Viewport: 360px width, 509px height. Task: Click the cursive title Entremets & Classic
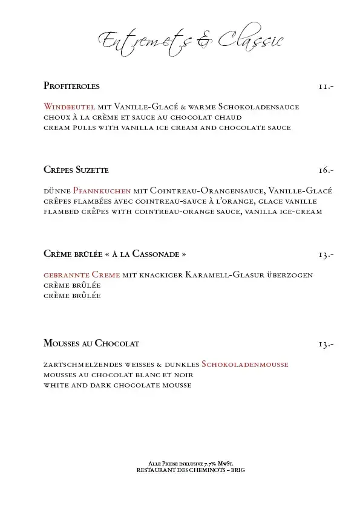tap(190, 41)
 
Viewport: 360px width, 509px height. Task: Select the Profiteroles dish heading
tap(71, 86)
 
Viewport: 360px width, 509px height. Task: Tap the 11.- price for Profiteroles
tap(326, 86)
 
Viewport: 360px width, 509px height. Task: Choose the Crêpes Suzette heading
tap(76, 169)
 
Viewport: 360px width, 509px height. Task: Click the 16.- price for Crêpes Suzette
tap(326, 170)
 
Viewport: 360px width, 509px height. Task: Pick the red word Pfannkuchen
tap(102, 190)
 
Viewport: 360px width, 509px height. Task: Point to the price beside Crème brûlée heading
tap(326, 254)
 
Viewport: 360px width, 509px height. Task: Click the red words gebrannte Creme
tap(82, 274)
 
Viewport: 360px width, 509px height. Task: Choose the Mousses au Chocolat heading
tap(91, 343)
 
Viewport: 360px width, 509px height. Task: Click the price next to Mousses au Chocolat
tap(326, 344)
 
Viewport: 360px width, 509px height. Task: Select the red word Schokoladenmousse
tap(245, 364)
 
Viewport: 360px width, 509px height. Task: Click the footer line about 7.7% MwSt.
tap(191, 464)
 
